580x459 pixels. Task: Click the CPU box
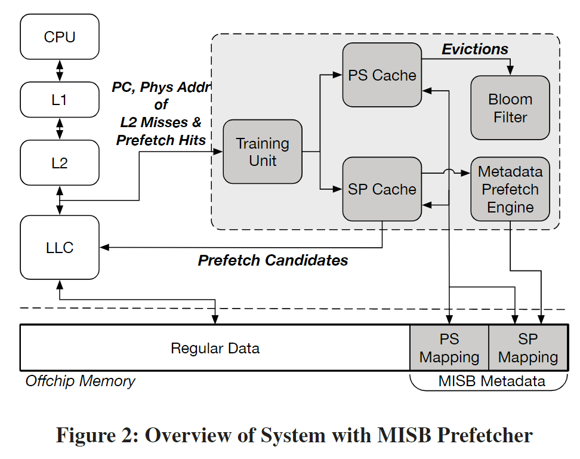tap(60, 37)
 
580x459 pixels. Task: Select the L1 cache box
tap(60, 100)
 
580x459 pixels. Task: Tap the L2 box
tap(60, 162)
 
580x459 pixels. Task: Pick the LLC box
tap(60, 247)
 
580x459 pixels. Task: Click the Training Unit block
tap(263, 152)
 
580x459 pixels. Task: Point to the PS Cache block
tap(382, 75)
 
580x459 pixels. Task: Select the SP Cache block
tap(382, 189)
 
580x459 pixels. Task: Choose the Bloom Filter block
tap(510, 108)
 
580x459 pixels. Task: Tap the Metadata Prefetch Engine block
tap(510, 189)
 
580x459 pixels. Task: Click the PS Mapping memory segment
tap(449, 348)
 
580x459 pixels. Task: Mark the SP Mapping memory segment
tap(528, 348)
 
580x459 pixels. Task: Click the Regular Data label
tap(215, 348)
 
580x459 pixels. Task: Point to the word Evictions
tap(475, 49)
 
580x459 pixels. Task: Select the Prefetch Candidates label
tap(273, 260)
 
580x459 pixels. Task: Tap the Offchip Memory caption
tap(80, 381)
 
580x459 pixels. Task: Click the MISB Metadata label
tap(492, 381)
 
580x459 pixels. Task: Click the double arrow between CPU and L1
tap(60, 69)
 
